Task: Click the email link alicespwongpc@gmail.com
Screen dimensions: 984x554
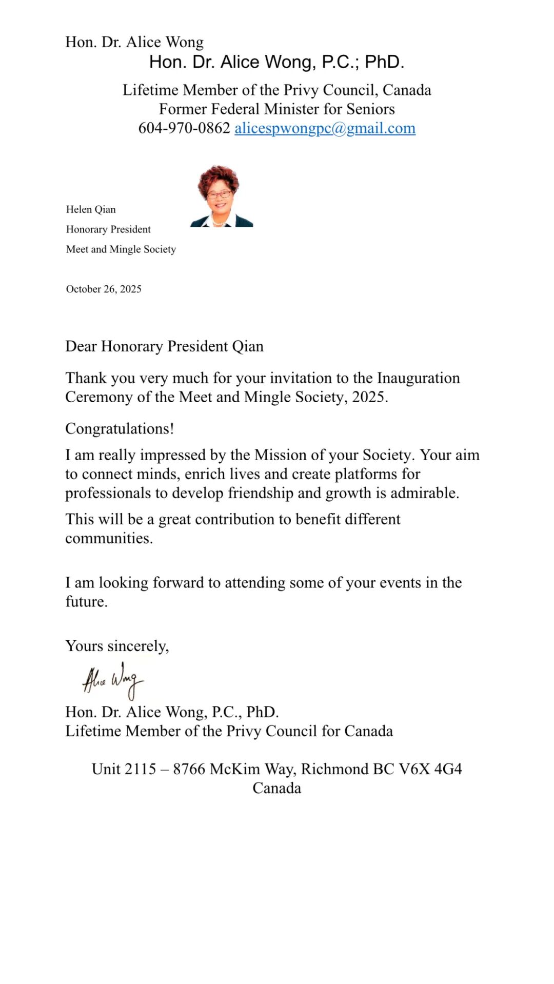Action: coord(325,128)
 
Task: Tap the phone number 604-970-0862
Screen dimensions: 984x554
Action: coord(184,128)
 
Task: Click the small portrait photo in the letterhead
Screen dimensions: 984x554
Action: coord(221,196)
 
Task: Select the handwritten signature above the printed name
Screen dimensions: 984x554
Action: coord(113,680)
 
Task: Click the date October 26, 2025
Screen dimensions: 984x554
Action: coord(104,289)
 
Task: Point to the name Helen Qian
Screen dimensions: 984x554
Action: coord(91,209)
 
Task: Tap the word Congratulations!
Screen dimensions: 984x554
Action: coord(120,429)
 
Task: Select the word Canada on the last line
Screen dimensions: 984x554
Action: coord(276,788)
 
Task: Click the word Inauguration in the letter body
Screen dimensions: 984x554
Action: coord(418,378)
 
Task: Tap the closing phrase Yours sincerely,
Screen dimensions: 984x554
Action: coord(117,646)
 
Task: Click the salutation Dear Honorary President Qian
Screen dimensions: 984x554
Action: coord(164,346)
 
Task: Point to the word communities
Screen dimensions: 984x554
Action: coord(109,538)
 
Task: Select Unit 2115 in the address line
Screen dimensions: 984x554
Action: coord(124,769)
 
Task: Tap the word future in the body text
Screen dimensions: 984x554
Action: coord(86,602)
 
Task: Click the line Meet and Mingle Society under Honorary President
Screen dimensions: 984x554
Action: coord(121,249)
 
